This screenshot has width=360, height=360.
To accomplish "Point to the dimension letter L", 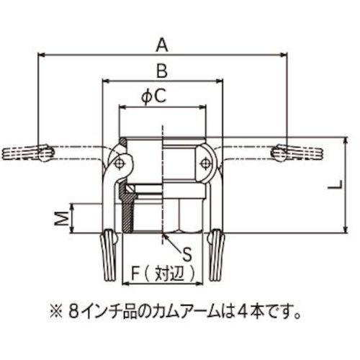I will tap(334, 185).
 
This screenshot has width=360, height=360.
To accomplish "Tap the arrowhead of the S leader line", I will tap(166, 235).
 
